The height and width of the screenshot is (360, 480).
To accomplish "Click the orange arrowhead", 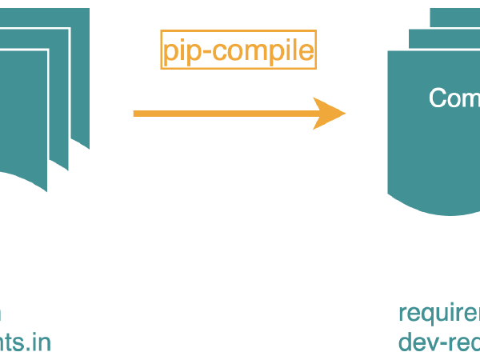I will [329, 114].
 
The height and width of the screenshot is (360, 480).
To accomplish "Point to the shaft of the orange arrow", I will [224, 114].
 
